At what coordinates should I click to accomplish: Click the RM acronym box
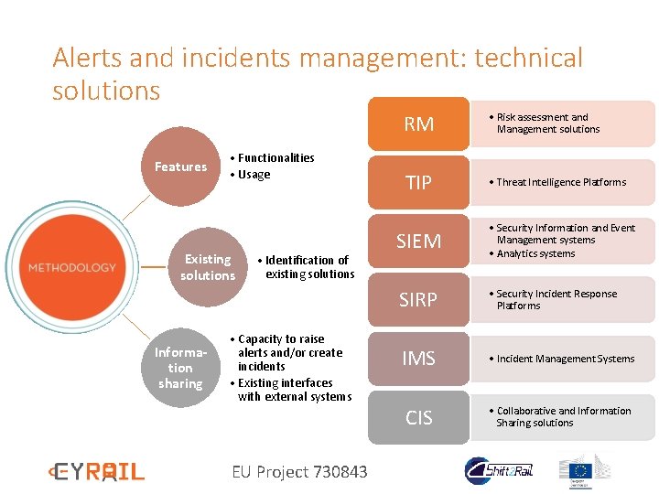(418, 124)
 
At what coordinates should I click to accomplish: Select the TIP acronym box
(418, 183)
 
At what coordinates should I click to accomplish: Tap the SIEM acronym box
(418, 242)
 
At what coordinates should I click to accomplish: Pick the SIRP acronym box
(418, 300)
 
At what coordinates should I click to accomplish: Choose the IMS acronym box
(418, 359)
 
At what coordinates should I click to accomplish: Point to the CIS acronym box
(418, 418)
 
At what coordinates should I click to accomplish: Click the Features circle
(180, 166)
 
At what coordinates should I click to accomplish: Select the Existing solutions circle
(208, 267)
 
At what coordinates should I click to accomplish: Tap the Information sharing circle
(180, 368)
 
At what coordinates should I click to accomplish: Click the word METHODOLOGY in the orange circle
(72, 267)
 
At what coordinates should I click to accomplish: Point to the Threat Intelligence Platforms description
(561, 182)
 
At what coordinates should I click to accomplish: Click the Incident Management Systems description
(565, 359)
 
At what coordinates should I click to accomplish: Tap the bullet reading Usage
(253, 175)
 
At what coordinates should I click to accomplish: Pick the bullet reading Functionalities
(275, 158)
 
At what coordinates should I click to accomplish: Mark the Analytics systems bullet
(535, 254)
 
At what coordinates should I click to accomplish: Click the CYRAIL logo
(96, 472)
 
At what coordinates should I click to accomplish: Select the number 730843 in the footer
(340, 472)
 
